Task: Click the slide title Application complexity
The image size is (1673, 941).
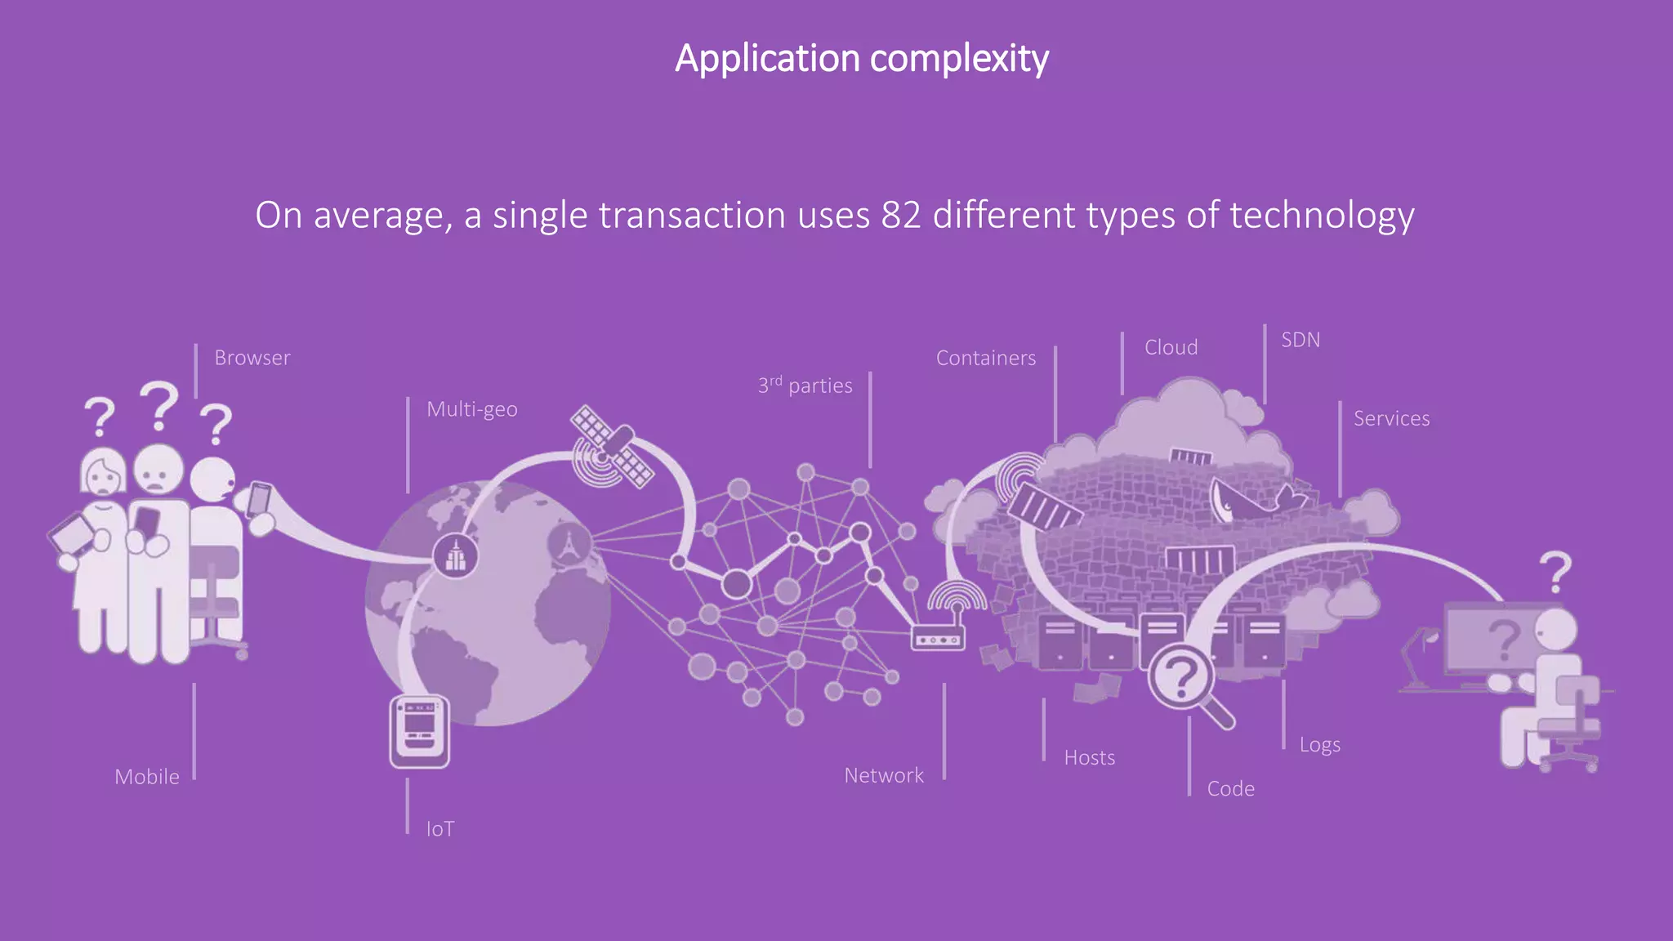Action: pos(861,59)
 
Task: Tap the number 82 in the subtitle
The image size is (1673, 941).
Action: pos(901,216)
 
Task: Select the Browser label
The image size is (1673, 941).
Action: pos(252,358)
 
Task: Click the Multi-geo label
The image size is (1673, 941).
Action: pos(471,409)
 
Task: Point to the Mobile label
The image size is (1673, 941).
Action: pos(147,777)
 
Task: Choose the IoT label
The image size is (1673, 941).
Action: pos(439,829)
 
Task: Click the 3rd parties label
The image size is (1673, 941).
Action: pos(805,386)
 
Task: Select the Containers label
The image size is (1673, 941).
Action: pos(985,358)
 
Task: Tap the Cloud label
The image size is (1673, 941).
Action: pos(1171,347)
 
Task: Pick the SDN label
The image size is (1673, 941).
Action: pos(1300,340)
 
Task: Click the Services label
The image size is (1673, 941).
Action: pos(1391,418)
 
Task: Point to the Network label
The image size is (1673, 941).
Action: pos(883,775)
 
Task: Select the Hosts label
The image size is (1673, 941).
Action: pos(1089,758)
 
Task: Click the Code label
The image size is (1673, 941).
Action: pos(1230,789)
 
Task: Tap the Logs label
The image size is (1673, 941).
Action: pos(1319,745)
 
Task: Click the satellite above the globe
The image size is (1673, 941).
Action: pos(611,445)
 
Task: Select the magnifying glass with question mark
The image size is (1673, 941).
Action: pos(1183,678)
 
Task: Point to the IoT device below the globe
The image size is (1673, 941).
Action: pos(419,731)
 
